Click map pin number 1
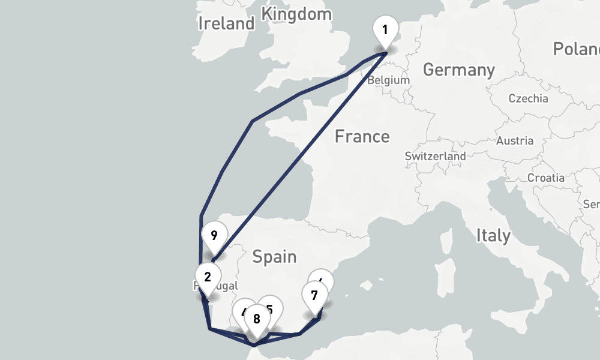[385, 30]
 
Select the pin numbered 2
[208, 277]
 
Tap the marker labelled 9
[214, 235]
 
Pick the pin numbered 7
[314, 295]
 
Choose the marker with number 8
[257, 320]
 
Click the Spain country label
[274, 257]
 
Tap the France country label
[362, 137]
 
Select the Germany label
[459, 70]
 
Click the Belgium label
[388, 80]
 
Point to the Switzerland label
[435, 157]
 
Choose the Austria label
[515, 141]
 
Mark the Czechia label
[528, 98]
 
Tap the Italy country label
[493, 235]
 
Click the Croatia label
[545, 178]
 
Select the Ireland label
[226, 23]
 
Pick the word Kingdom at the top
[296, 13]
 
